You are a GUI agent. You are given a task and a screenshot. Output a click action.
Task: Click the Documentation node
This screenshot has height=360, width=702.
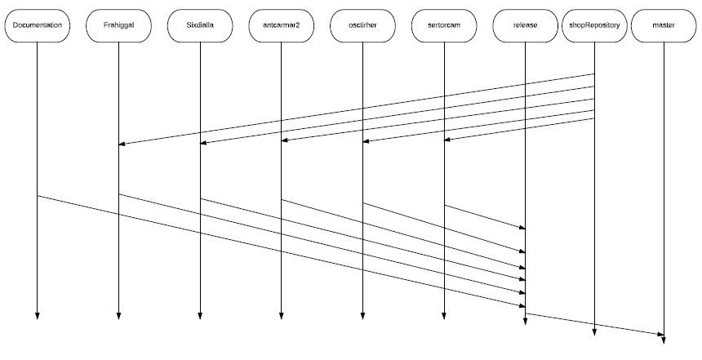pos(38,25)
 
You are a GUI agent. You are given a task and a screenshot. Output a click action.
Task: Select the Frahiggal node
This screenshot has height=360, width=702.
pos(118,25)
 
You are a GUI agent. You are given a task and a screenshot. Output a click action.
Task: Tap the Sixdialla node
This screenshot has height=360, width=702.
pos(200,25)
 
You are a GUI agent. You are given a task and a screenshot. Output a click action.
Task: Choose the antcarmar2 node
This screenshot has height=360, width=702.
pos(281,25)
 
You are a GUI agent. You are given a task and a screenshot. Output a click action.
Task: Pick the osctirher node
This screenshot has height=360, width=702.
pos(362,25)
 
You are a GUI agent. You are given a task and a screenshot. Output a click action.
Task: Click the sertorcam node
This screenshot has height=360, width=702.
pos(444,25)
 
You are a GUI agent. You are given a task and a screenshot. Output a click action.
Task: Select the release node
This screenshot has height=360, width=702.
pos(525,25)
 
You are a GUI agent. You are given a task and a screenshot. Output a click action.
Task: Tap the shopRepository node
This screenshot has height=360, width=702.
pos(594,25)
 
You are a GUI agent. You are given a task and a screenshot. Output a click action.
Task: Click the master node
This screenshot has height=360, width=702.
pos(664,25)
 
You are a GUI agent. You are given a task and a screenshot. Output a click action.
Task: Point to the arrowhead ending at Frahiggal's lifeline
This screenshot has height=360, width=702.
pos(122,144)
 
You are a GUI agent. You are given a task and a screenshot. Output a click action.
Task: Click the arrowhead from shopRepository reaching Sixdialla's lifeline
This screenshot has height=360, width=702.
pos(202,143)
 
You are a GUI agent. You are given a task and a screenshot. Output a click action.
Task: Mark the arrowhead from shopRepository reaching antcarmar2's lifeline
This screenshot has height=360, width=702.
pos(284,140)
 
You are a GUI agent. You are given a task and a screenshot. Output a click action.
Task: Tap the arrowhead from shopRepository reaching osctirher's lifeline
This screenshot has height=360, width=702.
pos(366,141)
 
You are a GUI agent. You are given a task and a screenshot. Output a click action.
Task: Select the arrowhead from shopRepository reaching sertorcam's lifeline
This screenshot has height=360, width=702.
pos(447,140)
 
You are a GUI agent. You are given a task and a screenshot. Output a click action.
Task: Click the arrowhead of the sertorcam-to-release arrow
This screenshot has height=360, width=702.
pos(522,228)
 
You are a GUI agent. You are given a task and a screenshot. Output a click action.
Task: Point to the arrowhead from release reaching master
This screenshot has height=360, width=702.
pos(661,335)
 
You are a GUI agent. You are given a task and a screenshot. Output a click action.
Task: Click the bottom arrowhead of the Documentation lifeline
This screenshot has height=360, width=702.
pos(38,317)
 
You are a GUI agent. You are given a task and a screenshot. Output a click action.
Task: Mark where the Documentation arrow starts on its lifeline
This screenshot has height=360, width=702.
pos(38,196)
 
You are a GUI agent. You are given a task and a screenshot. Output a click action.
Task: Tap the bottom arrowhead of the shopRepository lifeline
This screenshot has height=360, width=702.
pos(594,332)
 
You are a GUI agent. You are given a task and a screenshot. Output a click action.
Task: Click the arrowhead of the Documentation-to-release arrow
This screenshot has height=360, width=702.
pos(522,306)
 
